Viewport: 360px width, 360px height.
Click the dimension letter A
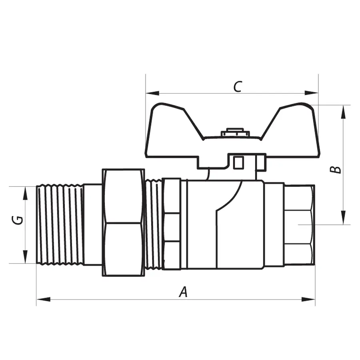pos(183,292)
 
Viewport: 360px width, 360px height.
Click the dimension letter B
pos(337,169)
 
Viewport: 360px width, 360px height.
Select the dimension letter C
pos(238,86)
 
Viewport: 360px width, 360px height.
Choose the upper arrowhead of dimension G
pos(25,193)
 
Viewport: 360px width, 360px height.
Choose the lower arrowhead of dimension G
pos(25,256)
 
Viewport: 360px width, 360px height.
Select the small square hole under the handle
pos(239,162)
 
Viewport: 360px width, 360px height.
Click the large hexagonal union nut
pos(123,222)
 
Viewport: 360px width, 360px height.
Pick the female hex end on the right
pos(300,224)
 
